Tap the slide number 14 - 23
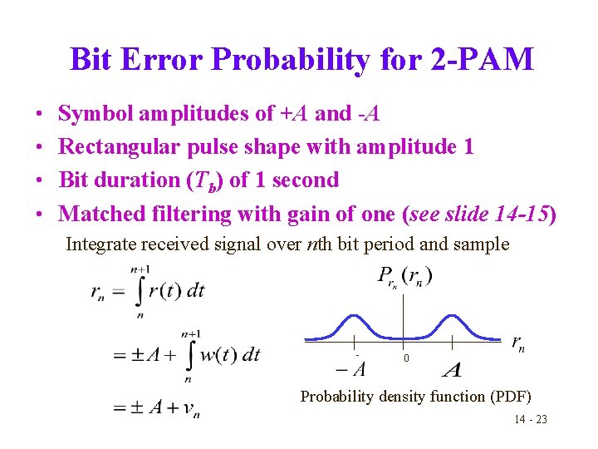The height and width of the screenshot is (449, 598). coord(530,420)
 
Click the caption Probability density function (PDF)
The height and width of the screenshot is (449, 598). coord(415,397)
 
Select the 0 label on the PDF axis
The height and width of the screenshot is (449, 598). coord(406,358)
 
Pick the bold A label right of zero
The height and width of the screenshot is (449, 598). coord(453,369)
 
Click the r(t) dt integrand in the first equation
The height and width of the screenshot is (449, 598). coord(180,290)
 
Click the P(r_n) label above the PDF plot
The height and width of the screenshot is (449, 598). coord(404,277)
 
